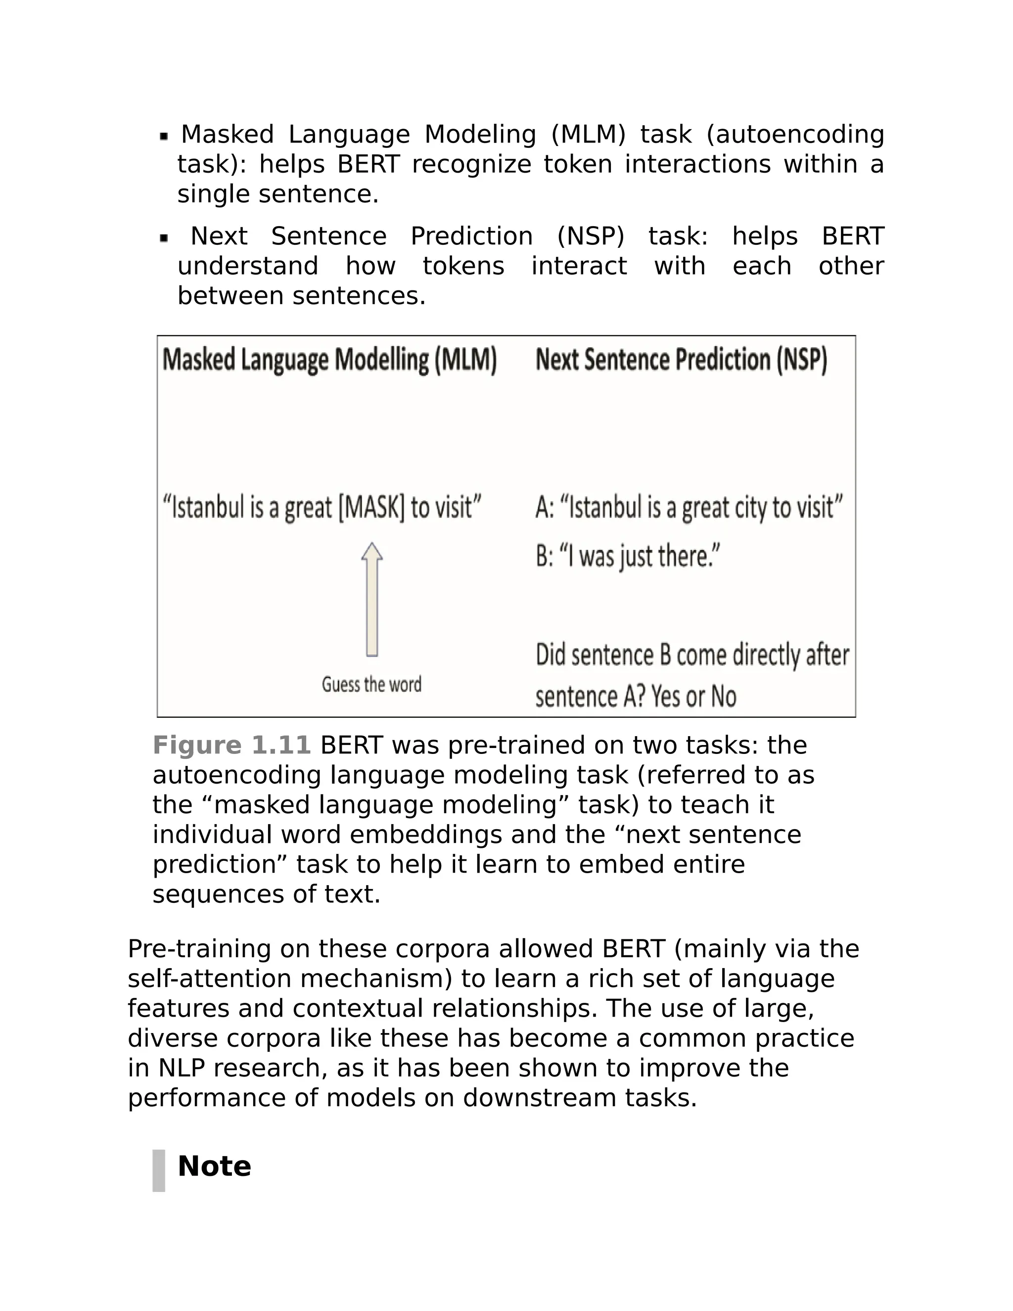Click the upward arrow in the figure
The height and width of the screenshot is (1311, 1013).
click(371, 600)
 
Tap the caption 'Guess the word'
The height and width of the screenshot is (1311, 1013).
click(371, 684)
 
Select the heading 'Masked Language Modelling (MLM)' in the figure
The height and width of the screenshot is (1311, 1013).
click(329, 360)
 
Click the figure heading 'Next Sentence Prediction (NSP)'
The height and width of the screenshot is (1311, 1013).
click(681, 360)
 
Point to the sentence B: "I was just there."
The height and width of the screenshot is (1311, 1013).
click(628, 557)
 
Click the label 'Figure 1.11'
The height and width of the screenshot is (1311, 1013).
click(231, 745)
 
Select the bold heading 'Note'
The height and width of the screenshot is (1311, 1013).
click(214, 1166)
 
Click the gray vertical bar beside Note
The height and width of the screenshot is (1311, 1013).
click(158, 1171)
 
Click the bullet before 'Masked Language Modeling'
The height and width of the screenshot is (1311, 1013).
click(164, 137)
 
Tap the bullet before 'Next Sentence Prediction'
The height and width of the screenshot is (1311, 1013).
click(164, 238)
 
